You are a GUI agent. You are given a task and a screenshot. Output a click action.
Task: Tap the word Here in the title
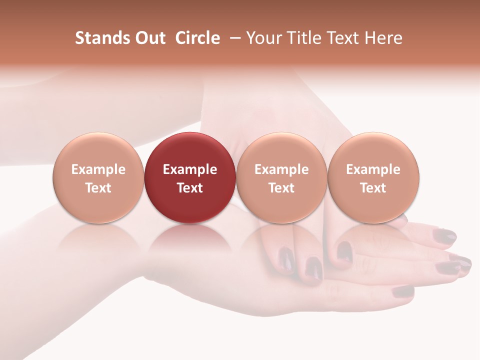[x=384, y=38]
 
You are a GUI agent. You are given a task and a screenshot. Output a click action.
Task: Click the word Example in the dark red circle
[x=190, y=169]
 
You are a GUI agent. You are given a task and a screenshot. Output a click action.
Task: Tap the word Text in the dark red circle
[x=190, y=188]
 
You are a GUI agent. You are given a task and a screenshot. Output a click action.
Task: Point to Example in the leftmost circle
[x=98, y=169]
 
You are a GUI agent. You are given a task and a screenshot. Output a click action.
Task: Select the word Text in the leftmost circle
[x=98, y=188]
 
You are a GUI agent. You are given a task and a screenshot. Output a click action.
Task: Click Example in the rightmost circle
[x=373, y=169]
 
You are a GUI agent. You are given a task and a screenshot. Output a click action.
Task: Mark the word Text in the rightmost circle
[x=373, y=188]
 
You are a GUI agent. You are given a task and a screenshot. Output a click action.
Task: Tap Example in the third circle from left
[x=281, y=169]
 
